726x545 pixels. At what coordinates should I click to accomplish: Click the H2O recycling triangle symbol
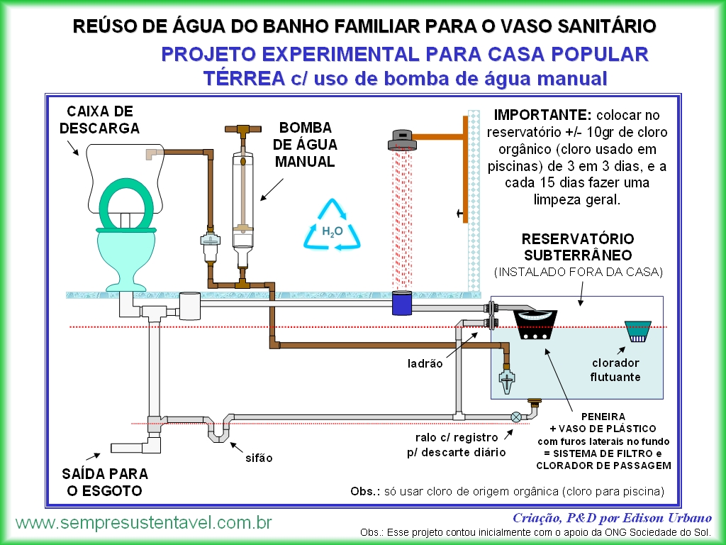(332, 226)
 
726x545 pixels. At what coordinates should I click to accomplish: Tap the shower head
(402, 140)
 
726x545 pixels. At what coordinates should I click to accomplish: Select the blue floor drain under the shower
(402, 303)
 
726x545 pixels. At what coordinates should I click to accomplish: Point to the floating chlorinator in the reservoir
(637, 331)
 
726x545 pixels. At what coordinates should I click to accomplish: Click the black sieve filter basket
(535, 324)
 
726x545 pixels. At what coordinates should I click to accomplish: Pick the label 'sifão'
(259, 458)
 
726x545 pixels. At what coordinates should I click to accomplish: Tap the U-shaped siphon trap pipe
(218, 428)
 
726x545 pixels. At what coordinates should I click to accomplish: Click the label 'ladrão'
(425, 363)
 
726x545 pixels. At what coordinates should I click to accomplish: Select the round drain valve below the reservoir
(516, 417)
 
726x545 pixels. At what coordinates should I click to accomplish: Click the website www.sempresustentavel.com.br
(144, 523)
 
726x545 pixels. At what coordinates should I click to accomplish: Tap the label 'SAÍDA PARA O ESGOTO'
(105, 482)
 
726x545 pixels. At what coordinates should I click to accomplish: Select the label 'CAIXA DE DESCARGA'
(99, 119)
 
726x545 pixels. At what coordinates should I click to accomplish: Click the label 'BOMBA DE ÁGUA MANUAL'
(305, 145)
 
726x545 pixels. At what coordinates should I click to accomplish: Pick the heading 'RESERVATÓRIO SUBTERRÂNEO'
(578, 247)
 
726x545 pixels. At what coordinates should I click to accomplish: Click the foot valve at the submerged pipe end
(506, 378)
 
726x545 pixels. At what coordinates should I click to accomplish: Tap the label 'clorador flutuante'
(615, 370)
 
